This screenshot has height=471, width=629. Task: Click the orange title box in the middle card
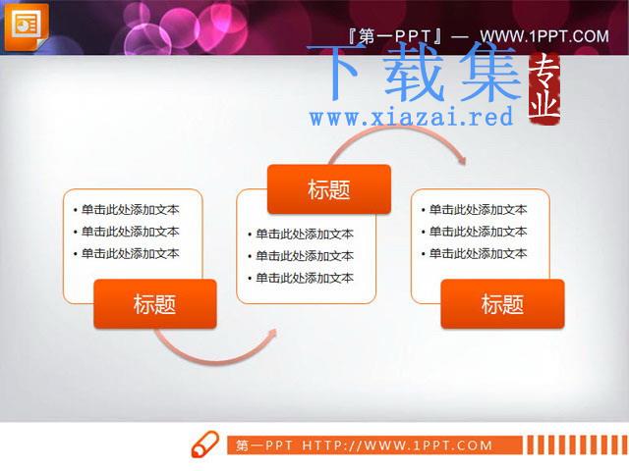point(329,189)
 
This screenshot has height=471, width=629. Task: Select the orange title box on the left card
point(155,304)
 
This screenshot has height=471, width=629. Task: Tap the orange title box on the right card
point(502,304)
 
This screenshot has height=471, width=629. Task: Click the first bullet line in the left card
point(127,209)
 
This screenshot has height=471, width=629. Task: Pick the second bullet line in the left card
point(127,232)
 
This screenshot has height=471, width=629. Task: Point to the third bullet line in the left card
point(127,253)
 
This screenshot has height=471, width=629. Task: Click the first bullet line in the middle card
point(301,234)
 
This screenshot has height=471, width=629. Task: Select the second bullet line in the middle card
point(301,256)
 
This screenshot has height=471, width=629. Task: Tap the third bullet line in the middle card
point(301,278)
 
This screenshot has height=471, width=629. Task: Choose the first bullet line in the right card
point(474,209)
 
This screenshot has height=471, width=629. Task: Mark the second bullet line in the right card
point(474,232)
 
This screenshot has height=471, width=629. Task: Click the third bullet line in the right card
point(474,253)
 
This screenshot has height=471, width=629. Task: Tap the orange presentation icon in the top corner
point(27,27)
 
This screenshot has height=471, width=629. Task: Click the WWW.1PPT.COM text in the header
point(544,36)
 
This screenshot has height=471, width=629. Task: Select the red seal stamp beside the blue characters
point(544,89)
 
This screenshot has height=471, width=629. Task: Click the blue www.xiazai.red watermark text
point(411,117)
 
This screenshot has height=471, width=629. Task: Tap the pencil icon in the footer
point(205,445)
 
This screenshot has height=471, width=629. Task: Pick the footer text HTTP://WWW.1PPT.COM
point(397,445)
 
